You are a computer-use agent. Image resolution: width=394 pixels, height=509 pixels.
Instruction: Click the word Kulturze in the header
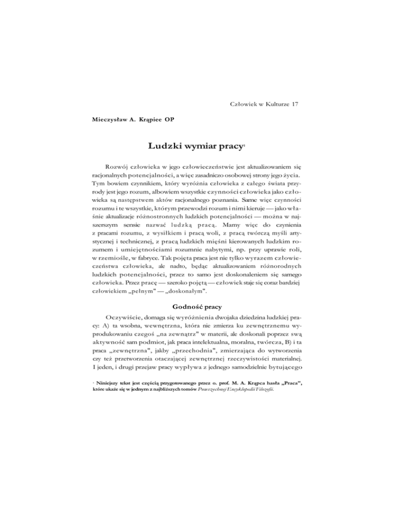click(x=270, y=105)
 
